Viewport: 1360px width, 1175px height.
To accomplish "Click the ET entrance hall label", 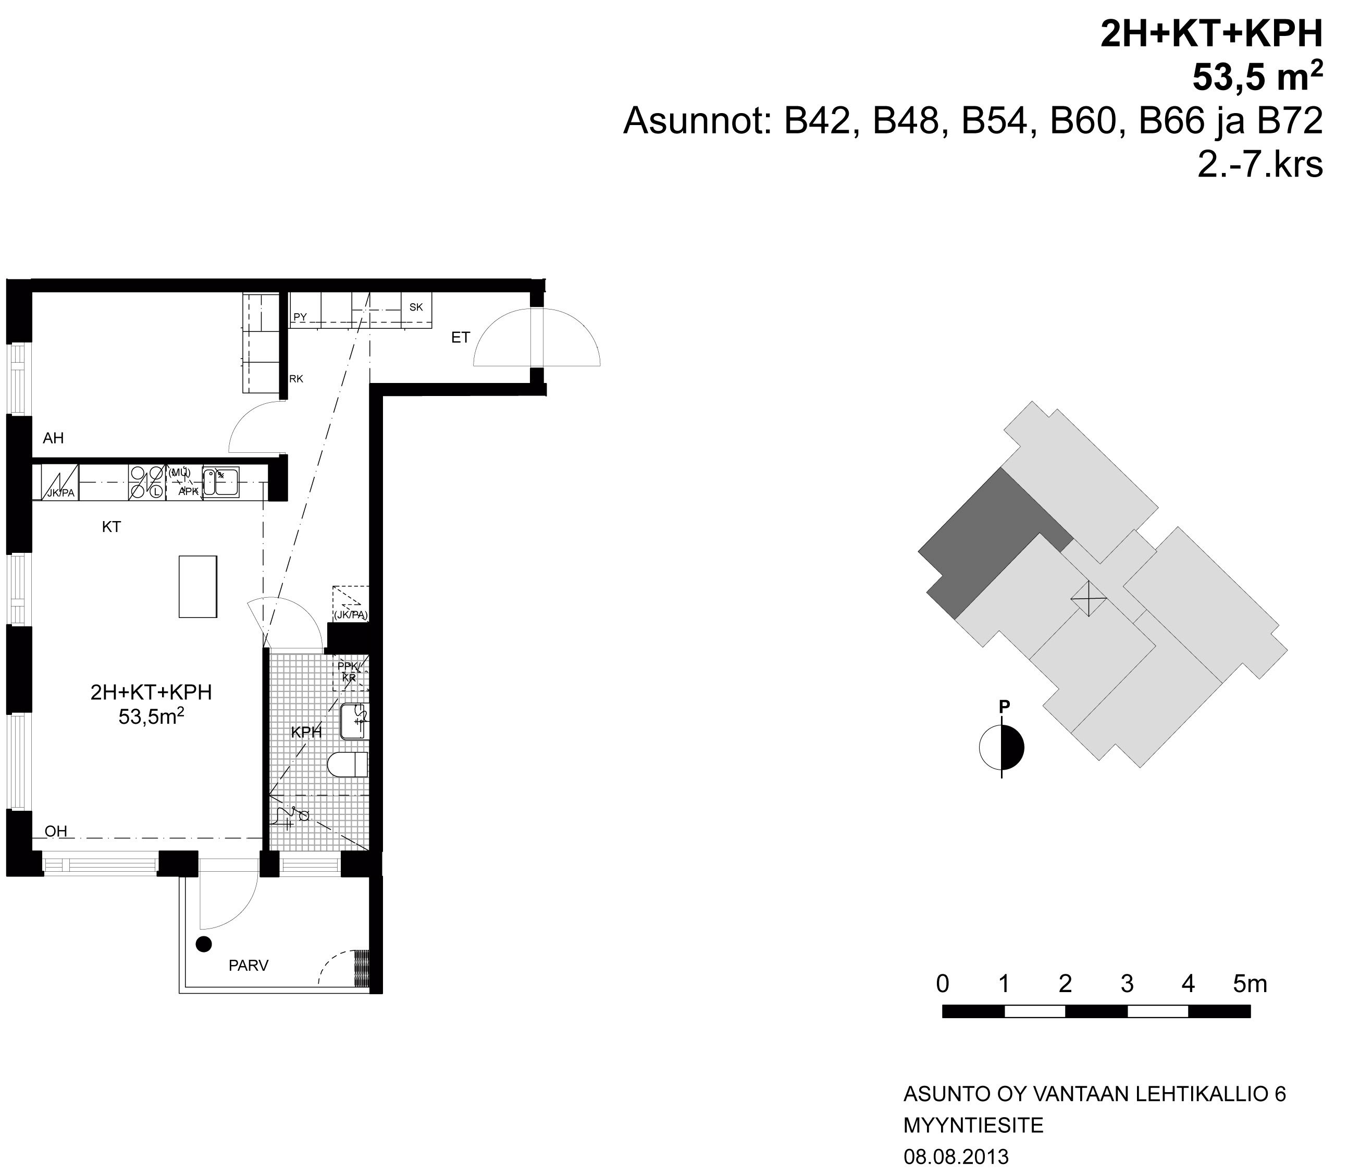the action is pos(461,338).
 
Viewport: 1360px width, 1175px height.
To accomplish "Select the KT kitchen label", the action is pos(112,526).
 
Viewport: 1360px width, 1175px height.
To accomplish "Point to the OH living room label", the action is pos(56,831).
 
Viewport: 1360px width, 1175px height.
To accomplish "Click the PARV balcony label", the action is pos(249,966).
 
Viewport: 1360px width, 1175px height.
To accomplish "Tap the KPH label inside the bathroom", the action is pos(306,733).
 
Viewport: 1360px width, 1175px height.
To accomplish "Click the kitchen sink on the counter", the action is pos(220,482).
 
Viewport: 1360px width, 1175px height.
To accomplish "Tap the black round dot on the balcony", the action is pos(204,944).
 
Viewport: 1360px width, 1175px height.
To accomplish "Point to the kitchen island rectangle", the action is pos(198,586).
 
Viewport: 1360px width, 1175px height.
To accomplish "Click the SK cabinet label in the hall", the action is pos(416,307).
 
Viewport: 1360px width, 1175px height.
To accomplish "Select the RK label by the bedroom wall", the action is pos(296,379).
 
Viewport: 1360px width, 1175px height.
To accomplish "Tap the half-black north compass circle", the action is pos(1002,747).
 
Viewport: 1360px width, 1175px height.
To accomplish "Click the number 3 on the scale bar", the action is pos(1127,983).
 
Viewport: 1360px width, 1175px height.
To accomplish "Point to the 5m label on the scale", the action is pos(1250,983).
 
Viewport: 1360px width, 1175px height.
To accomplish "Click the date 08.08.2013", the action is pos(956,1156).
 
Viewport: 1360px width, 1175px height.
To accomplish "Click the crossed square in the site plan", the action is pos(1089,599).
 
